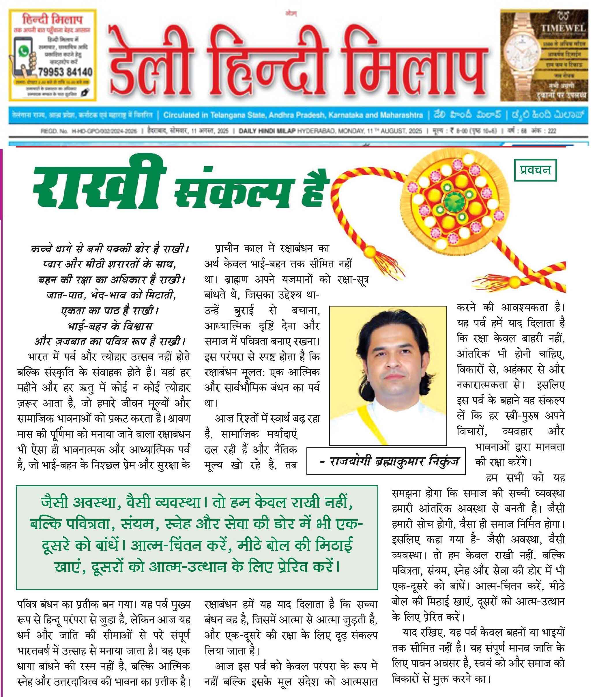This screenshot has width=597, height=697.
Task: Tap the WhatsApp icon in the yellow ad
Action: [24, 51]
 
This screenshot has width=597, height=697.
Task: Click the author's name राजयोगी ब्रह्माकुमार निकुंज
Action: [390, 461]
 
